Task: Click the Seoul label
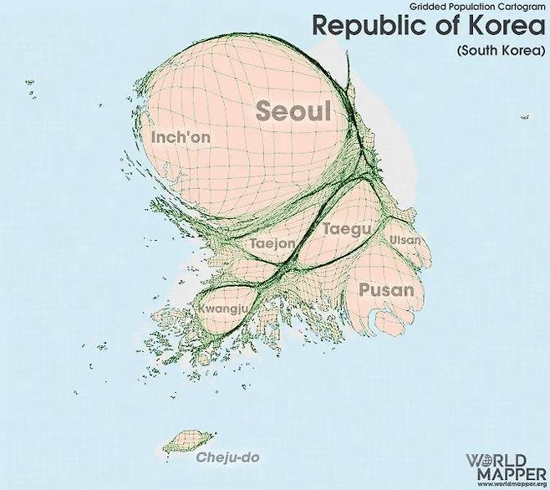point(293,111)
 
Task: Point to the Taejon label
point(272,243)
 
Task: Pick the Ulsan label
point(405,241)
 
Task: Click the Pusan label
point(386,291)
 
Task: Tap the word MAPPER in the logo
point(505,472)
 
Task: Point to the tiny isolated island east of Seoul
point(525,117)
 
